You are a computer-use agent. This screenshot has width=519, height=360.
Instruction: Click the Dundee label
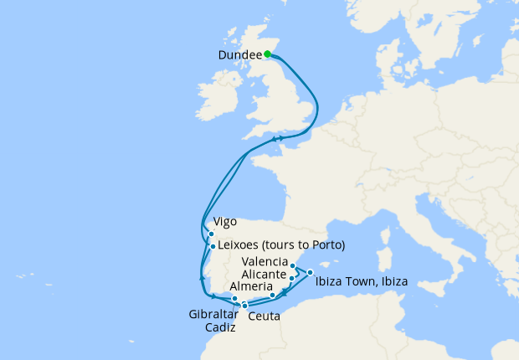tap(239, 55)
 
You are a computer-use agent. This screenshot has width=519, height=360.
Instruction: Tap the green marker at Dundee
tap(267, 54)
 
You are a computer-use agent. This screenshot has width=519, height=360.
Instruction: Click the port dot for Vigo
tap(211, 234)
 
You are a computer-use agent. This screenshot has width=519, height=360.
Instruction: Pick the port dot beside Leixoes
tap(213, 246)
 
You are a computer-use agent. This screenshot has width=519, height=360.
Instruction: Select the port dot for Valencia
tap(293, 266)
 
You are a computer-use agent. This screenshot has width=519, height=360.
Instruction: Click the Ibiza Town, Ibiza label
tap(362, 282)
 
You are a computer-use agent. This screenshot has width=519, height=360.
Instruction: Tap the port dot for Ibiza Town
tap(310, 272)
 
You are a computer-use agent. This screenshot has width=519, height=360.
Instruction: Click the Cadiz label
tap(220, 326)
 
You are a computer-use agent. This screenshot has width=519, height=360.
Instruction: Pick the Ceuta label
tap(265, 316)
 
